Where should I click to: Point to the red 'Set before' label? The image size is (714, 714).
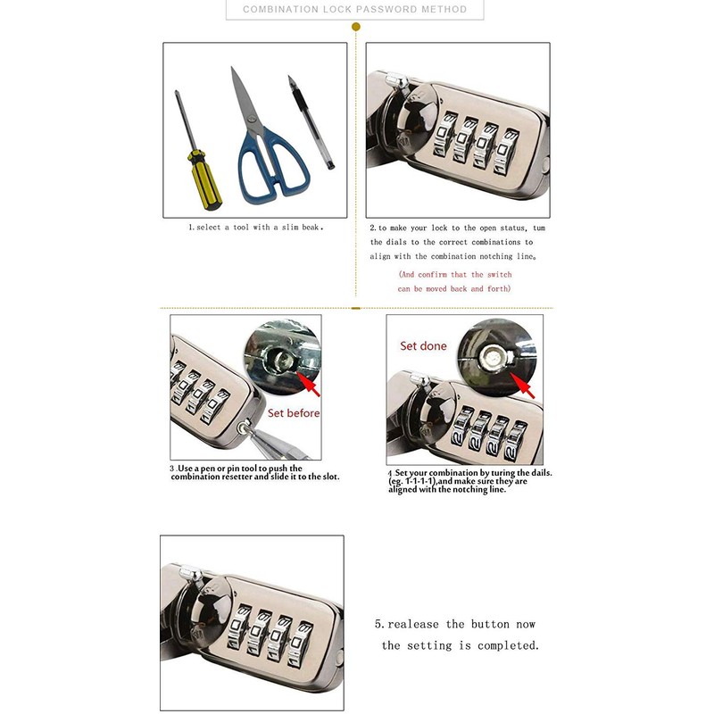(294, 413)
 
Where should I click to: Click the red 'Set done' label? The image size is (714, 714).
(423, 345)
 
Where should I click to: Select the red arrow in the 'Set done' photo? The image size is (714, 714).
(525, 386)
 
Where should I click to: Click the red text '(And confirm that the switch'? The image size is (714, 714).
(454, 275)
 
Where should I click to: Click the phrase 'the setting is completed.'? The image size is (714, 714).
(460, 645)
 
